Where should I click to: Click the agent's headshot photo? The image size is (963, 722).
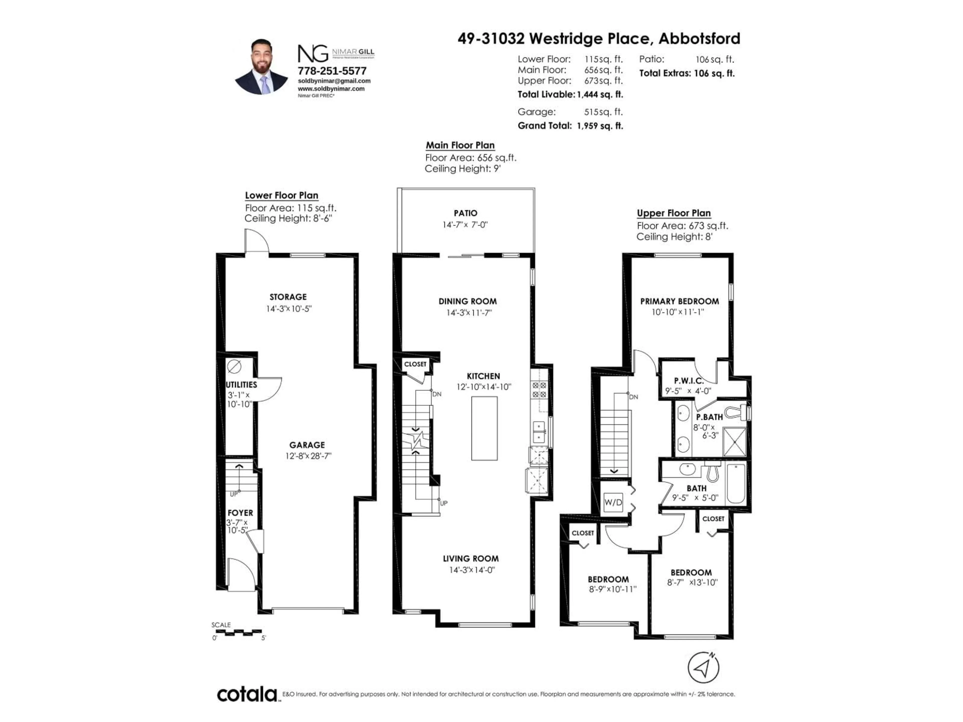coord(261,67)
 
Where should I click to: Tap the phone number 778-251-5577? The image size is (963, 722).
coord(332,70)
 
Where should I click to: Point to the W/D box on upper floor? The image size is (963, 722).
coord(613,502)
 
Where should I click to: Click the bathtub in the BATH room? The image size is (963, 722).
coord(736,483)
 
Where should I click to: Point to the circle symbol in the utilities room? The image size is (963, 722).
coord(234,367)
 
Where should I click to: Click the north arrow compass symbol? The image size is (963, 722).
coord(703,667)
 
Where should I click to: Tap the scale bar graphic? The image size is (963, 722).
coord(238,631)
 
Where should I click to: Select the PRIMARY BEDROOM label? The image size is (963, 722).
coord(679,301)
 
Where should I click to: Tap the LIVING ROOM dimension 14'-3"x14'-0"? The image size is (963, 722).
coord(472,570)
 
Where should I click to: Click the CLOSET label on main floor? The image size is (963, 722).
coord(415,364)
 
